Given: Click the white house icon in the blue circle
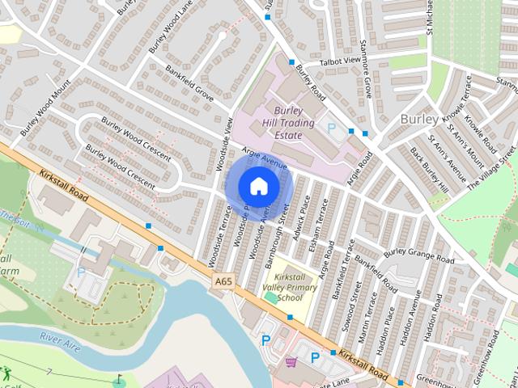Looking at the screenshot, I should point(257,185).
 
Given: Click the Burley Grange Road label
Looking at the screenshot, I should point(418,254).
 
